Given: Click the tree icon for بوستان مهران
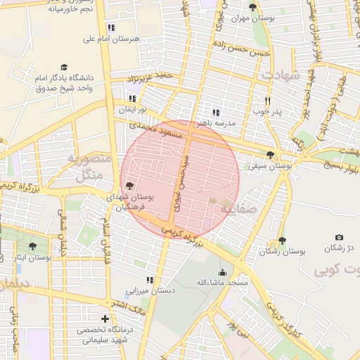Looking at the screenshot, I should [x=252, y=8].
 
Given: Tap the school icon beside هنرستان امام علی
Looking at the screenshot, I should [x=111, y=27].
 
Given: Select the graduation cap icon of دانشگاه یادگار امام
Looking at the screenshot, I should [x=65, y=67].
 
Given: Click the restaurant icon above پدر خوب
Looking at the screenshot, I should [x=267, y=101].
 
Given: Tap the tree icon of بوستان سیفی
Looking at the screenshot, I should [x=271, y=155].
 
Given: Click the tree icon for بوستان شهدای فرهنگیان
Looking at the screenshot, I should [x=129, y=186].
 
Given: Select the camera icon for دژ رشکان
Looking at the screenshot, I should [x=339, y=238].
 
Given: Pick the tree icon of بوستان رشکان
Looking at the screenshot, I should [x=282, y=240].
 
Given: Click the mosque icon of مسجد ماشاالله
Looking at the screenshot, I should [x=223, y=273].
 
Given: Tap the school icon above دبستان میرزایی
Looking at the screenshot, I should [x=149, y=280].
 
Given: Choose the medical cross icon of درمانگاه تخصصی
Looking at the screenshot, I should [x=105, y=319].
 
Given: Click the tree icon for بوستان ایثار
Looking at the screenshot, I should [x=32, y=246].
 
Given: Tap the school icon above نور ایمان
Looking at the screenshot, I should [x=132, y=98].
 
